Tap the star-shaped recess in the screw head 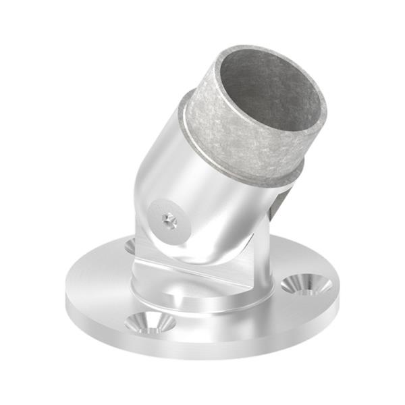169,219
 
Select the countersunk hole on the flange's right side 306,284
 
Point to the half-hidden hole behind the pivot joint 130,246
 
